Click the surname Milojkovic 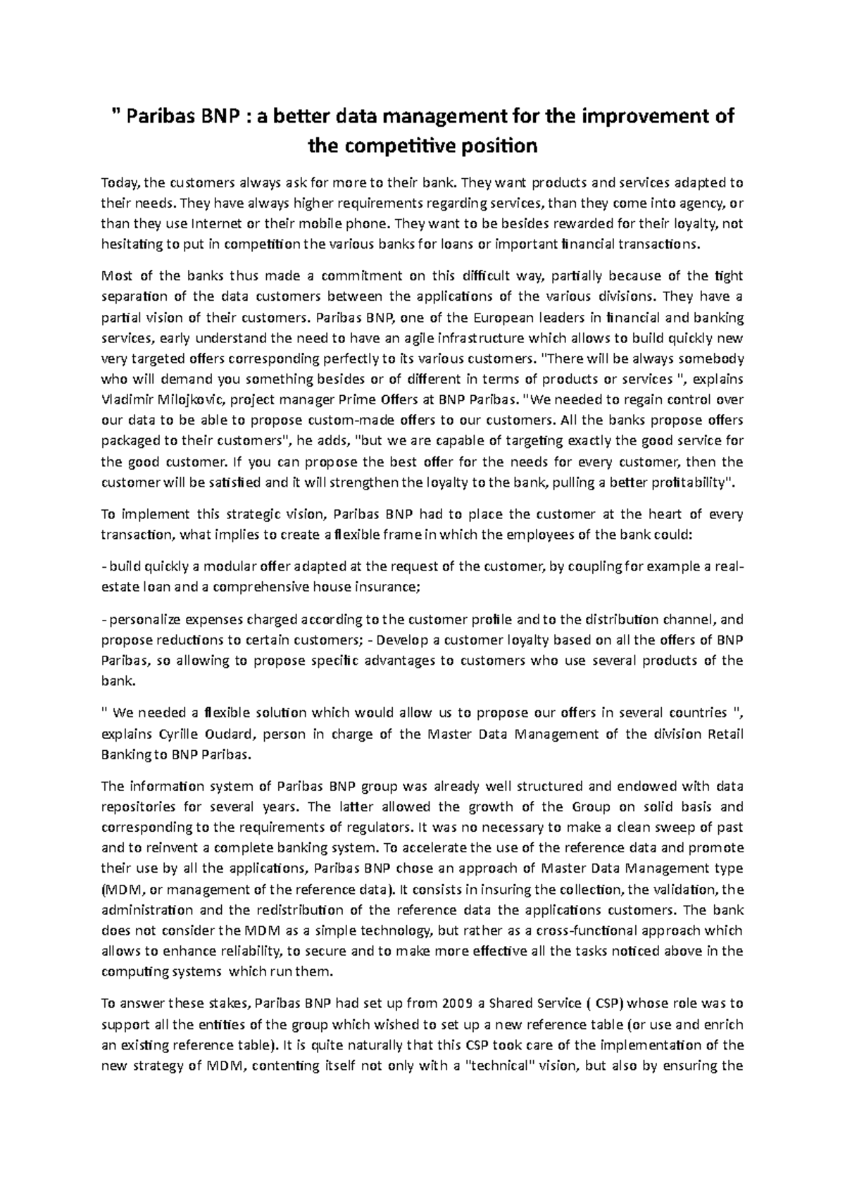click(189, 399)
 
